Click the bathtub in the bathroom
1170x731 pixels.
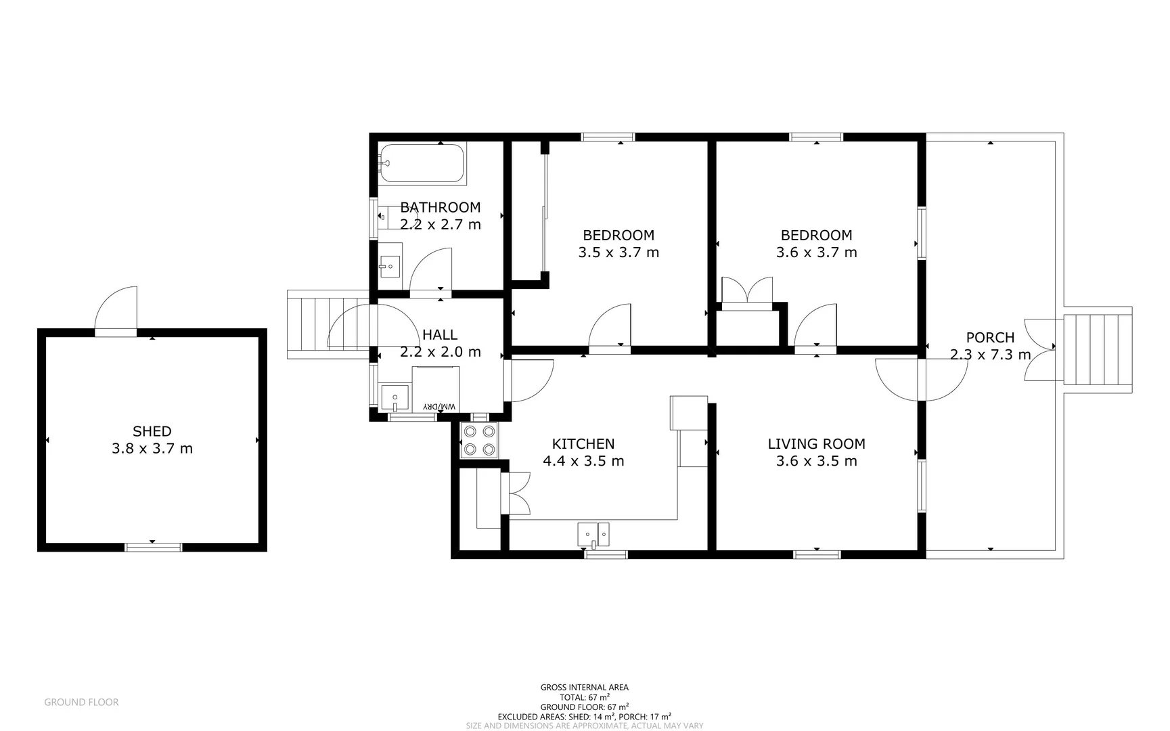tap(422, 163)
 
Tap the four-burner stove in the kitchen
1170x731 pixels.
tap(478, 440)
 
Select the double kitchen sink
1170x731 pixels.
tap(593, 534)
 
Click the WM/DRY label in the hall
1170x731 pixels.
tap(440, 406)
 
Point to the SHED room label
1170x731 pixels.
tap(152, 431)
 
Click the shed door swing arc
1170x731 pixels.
tap(116, 309)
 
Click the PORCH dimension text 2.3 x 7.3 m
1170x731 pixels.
tap(990, 355)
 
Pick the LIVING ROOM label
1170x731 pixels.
tap(816, 444)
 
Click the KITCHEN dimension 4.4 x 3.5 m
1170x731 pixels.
tap(583, 461)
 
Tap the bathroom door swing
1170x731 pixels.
tap(430, 269)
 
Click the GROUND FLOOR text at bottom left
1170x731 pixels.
tap(81, 703)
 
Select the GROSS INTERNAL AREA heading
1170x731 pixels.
tap(584, 687)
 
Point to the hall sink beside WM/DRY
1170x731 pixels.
tap(395, 398)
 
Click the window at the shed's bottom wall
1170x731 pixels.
tap(154, 547)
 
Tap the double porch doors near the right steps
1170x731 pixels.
tap(1039, 350)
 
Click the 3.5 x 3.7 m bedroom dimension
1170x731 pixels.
tap(618, 252)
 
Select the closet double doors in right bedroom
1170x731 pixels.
tap(747, 290)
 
